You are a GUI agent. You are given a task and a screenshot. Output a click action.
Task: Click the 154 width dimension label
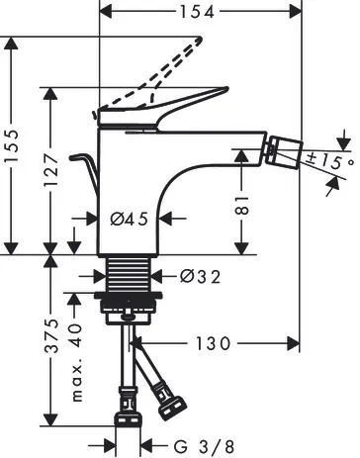197,12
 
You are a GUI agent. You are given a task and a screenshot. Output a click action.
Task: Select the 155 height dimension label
12,145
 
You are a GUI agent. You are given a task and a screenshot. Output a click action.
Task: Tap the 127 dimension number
51,169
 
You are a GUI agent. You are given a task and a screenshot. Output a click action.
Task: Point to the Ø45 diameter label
129,219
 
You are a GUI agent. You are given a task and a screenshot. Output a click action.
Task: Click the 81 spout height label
242,205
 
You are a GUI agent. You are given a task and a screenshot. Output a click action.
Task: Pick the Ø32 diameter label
200,276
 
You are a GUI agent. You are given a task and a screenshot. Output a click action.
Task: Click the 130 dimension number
213,344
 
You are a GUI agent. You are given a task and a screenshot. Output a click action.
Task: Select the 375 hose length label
51,335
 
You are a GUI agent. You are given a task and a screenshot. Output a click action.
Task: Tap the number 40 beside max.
75,335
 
